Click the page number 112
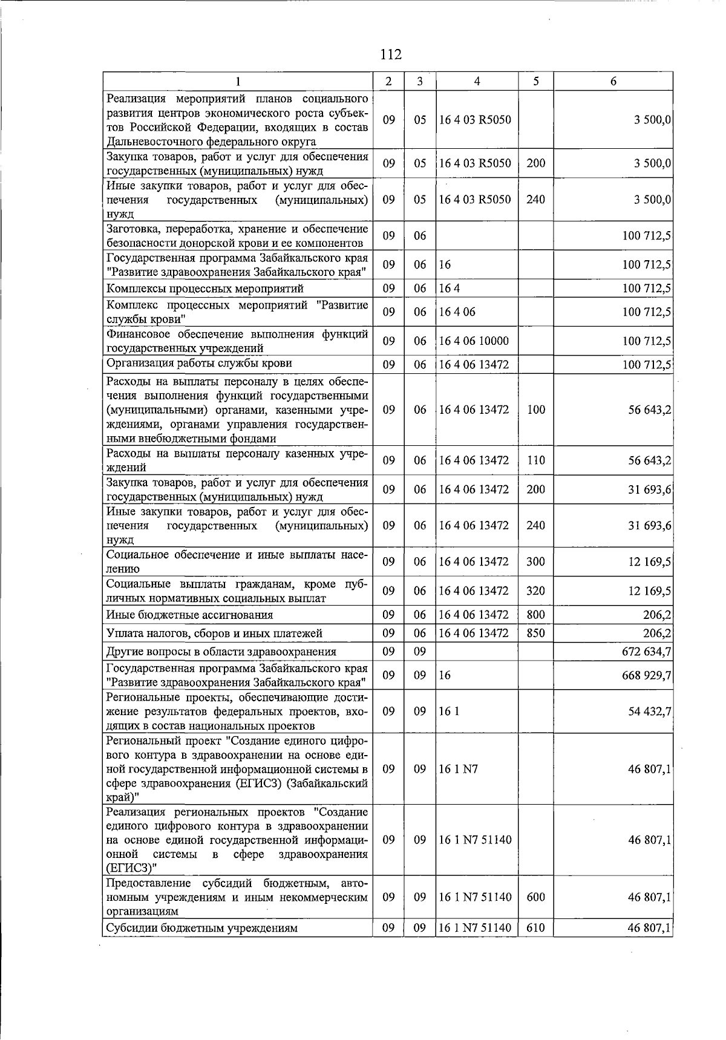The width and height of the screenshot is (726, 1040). tap(391, 54)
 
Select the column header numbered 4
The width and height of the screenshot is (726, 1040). tap(477, 81)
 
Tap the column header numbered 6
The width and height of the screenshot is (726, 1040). tap(613, 81)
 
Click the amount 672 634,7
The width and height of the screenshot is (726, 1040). tap(647, 652)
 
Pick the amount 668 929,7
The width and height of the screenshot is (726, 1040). tap(647, 675)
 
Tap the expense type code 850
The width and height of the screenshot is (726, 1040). tap(535, 633)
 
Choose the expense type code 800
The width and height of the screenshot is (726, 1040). tap(535, 615)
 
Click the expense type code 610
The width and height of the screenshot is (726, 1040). tap(535, 927)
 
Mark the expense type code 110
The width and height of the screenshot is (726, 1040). tap(535, 460)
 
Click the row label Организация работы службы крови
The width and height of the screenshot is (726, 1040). tap(199, 364)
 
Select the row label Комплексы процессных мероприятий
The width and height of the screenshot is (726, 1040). tap(205, 289)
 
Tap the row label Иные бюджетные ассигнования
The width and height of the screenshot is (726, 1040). tap(189, 615)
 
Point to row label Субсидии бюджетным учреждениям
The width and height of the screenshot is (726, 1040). tap(202, 928)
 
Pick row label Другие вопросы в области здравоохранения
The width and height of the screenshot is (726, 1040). tap(221, 652)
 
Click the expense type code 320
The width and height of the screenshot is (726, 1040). tap(535, 591)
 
